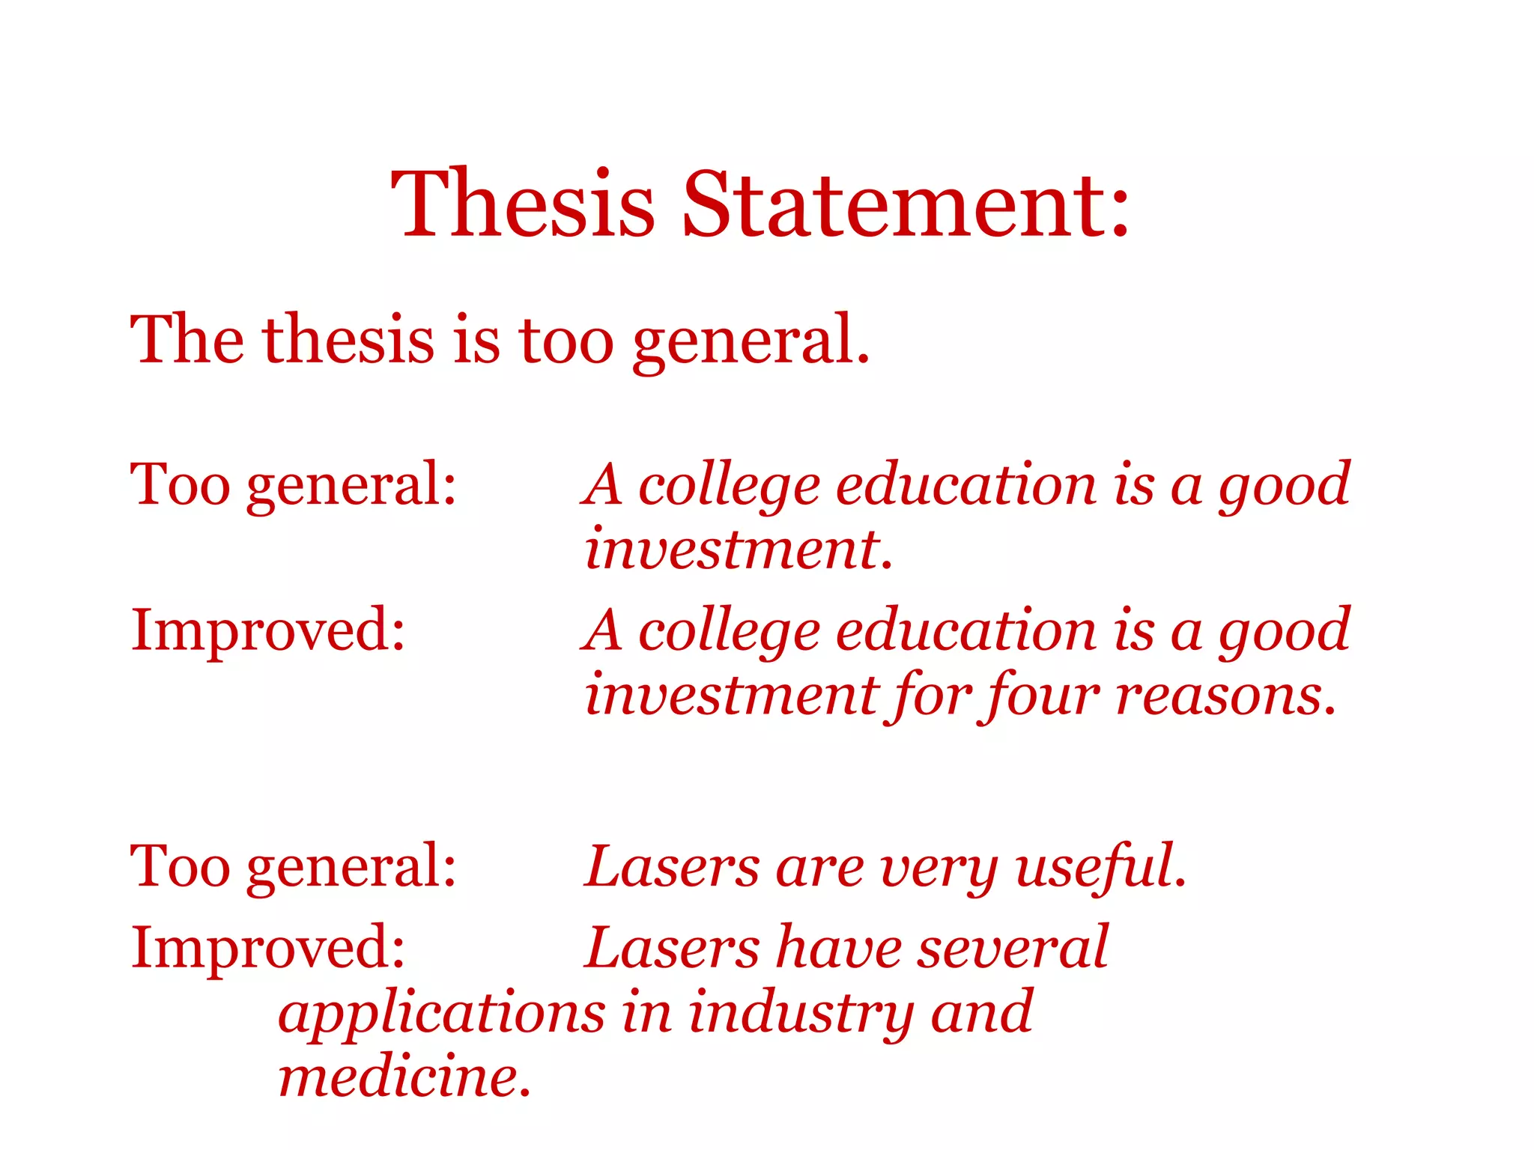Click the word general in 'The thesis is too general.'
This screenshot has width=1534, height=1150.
pyautogui.click(x=749, y=341)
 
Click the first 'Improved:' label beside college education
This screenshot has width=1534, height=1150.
pyautogui.click(x=268, y=630)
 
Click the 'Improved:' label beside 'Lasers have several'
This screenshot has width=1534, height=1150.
pyautogui.click(x=268, y=948)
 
